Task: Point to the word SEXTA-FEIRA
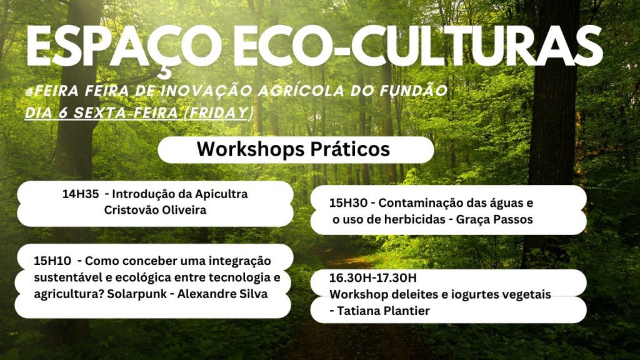[125, 112]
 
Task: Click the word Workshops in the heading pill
[251, 149]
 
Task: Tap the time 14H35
[81, 194]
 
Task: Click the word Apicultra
[221, 194]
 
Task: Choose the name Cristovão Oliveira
[155, 210]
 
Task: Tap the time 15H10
[52, 261]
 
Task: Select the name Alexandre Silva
[222, 294]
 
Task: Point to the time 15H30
[348, 203]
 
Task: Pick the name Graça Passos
[494, 219]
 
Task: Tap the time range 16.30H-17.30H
[373, 278]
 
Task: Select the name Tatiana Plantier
[384, 311]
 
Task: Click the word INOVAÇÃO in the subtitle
[206, 90]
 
